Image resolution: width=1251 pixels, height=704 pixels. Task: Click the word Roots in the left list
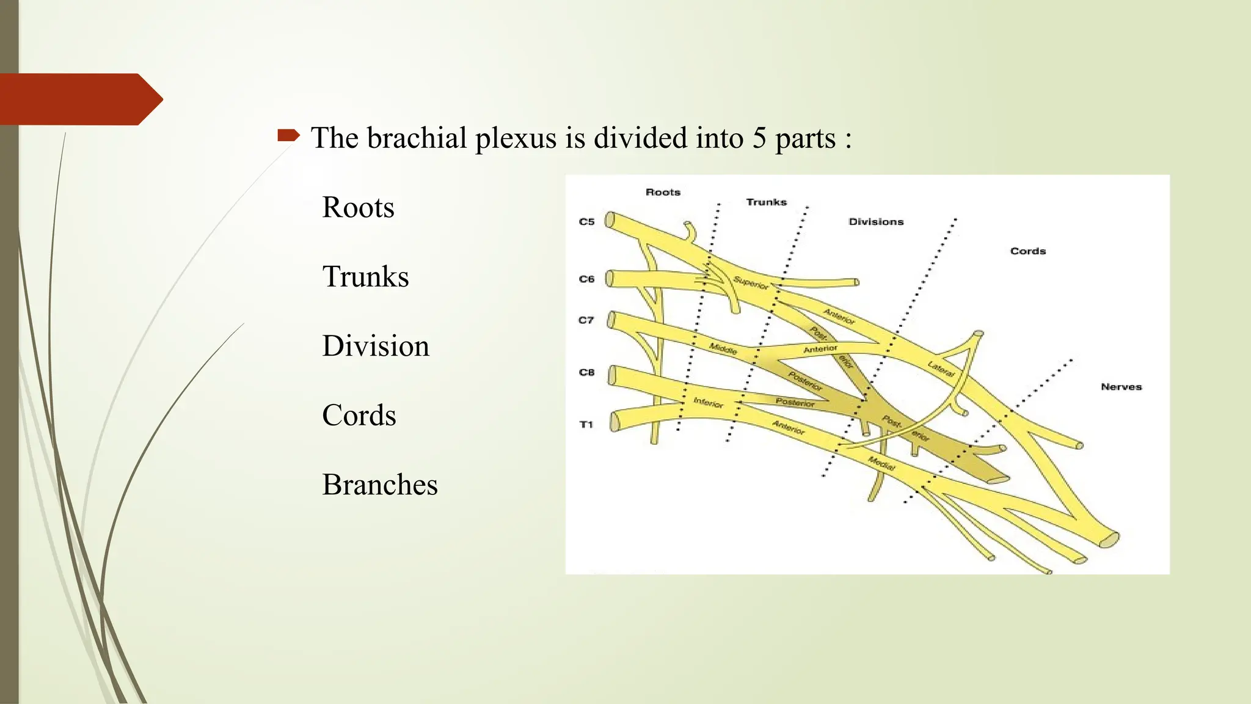click(x=358, y=208)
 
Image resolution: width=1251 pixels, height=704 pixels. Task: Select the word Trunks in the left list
click(x=365, y=277)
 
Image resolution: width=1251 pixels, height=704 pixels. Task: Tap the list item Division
click(x=376, y=346)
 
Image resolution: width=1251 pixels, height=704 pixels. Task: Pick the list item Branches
click(x=379, y=485)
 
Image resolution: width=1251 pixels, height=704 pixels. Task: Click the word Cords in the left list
click(x=359, y=416)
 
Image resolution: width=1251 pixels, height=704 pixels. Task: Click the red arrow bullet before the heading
click(x=288, y=136)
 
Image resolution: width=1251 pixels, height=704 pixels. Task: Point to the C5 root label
click(x=586, y=222)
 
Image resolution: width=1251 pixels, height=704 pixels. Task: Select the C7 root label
click(x=586, y=320)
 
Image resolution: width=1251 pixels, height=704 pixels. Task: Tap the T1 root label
click(x=586, y=425)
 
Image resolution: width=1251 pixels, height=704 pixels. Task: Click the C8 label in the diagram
click(x=586, y=372)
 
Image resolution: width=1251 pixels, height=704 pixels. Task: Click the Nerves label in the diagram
click(x=1121, y=387)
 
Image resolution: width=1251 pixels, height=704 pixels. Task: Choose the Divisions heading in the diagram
click(x=876, y=222)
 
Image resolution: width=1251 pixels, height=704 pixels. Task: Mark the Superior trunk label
click(x=750, y=283)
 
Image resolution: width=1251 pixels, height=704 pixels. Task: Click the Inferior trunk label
click(x=708, y=403)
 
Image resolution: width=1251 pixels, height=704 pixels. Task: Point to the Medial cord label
click(x=882, y=463)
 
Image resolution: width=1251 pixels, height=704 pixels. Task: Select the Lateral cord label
click(x=941, y=369)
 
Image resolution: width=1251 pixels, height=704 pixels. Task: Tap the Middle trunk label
click(x=723, y=348)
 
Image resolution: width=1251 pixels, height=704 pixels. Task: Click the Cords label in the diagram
click(x=1028, y=251)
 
